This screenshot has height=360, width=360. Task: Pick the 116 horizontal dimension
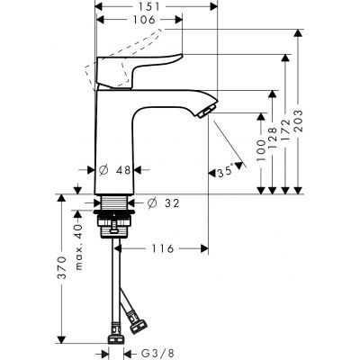(162, 247)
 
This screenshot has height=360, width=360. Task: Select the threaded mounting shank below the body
(115, 203)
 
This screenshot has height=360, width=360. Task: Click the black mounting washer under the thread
(113, 218)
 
